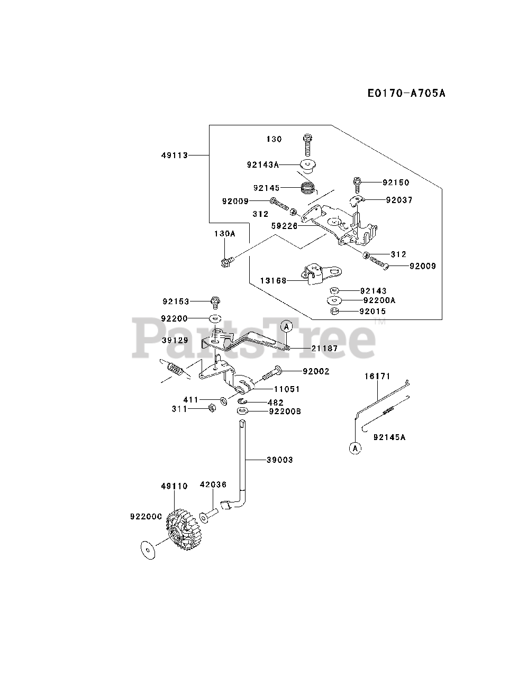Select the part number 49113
(175, 155)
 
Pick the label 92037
(399, 200)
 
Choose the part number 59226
(285, 226)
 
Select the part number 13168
(273, 280)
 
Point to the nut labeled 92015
(334, 311)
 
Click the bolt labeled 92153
(215, 303)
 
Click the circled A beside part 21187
(286, 326)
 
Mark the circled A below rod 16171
(355, 448)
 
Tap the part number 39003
(280, 460)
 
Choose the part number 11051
(287, 389)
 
